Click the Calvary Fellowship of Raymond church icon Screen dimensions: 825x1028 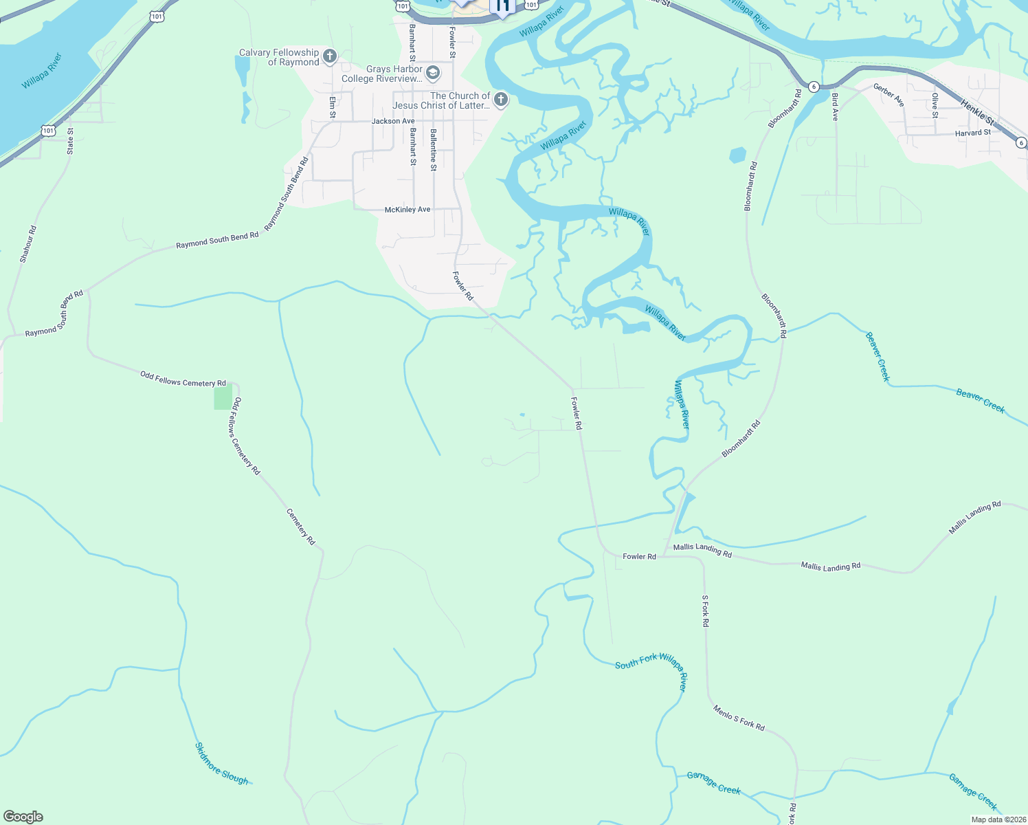pos(330,56)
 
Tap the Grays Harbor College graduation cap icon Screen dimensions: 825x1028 pos(433,73)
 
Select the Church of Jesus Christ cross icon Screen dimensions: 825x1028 pos(501,100)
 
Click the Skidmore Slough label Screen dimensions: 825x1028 pos(221,763)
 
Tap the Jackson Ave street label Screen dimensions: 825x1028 pos(393,121)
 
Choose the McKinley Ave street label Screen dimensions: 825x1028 pos(407,209)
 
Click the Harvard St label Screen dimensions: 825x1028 pos(973,133)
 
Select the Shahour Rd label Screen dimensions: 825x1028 pos(27,244)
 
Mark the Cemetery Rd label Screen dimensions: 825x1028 pos(300,527)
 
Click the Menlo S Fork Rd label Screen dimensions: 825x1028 pos(738,718)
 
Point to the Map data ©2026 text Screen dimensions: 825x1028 pos(998,819)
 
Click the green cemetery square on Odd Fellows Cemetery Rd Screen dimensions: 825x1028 pos(223,398)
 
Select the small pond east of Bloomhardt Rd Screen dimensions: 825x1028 pos(737,155)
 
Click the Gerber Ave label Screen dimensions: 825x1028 pos(889,95)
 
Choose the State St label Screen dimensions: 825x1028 pos(70,141)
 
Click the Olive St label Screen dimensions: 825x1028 pos(935,105)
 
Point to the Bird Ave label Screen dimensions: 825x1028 pos(835,107)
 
